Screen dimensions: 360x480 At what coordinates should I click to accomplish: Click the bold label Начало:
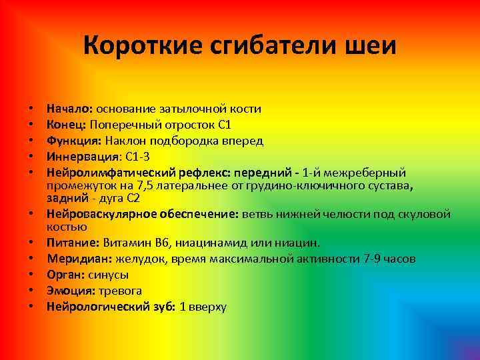click(x=70, y=108)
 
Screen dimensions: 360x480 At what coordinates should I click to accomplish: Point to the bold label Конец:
click(x=67, y=125)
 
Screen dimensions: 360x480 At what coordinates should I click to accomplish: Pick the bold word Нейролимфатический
click(x=104, y=173)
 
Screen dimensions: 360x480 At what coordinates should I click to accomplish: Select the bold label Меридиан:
click(x=79, y=259)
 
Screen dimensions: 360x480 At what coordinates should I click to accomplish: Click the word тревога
click(x=121, y=291)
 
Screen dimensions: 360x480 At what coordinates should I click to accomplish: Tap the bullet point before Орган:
click(x=31, y=275)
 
